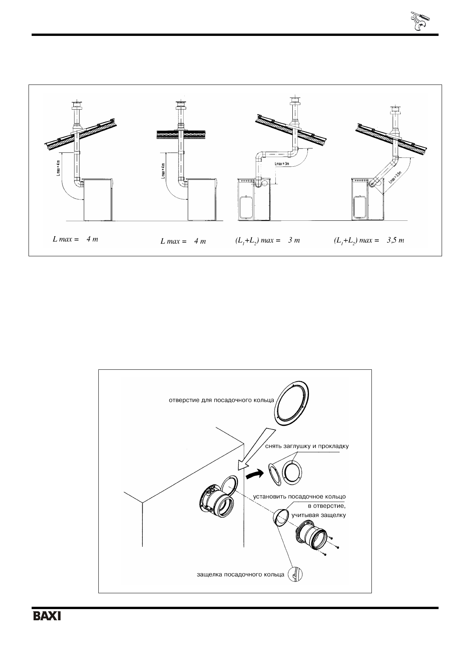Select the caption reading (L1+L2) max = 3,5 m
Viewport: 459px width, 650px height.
click(368, 240)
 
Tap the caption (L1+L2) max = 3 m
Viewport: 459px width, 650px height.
click(267, 240)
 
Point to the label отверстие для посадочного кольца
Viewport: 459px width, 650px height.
click(221, 400)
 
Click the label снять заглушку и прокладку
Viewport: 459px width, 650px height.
click(307, 446)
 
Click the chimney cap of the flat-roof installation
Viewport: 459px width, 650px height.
click(180, 105)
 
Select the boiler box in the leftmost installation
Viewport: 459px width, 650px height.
click(98, 199)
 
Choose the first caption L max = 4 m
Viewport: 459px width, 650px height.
click(75, 239)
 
